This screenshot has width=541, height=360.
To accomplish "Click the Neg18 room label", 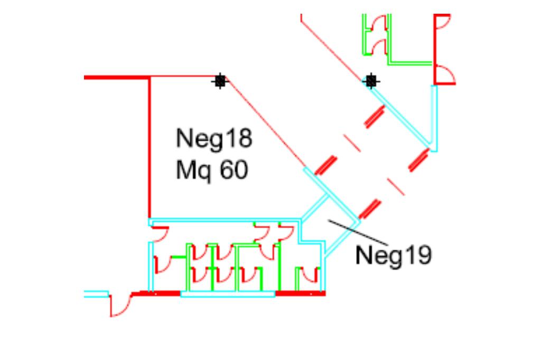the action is point(214,139).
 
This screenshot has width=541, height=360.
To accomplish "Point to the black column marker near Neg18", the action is point(220,81).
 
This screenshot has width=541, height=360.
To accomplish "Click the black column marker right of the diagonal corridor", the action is point(371,81).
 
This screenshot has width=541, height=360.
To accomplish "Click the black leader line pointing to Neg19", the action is point(358,232).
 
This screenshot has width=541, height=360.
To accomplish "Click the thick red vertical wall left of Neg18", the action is point(150,148).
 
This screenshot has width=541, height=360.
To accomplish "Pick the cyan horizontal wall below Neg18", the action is point(225,220).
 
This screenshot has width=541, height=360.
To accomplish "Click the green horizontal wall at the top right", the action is point(410,63).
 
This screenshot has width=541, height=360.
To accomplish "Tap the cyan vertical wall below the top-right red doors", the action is point(434,118).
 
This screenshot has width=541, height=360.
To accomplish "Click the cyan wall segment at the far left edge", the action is point(96,294).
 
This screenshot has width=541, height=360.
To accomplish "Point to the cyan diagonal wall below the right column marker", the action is point(400,116).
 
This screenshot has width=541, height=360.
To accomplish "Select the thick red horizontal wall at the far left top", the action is point(117,78).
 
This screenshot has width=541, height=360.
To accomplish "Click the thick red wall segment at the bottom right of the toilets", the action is point(300,293).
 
